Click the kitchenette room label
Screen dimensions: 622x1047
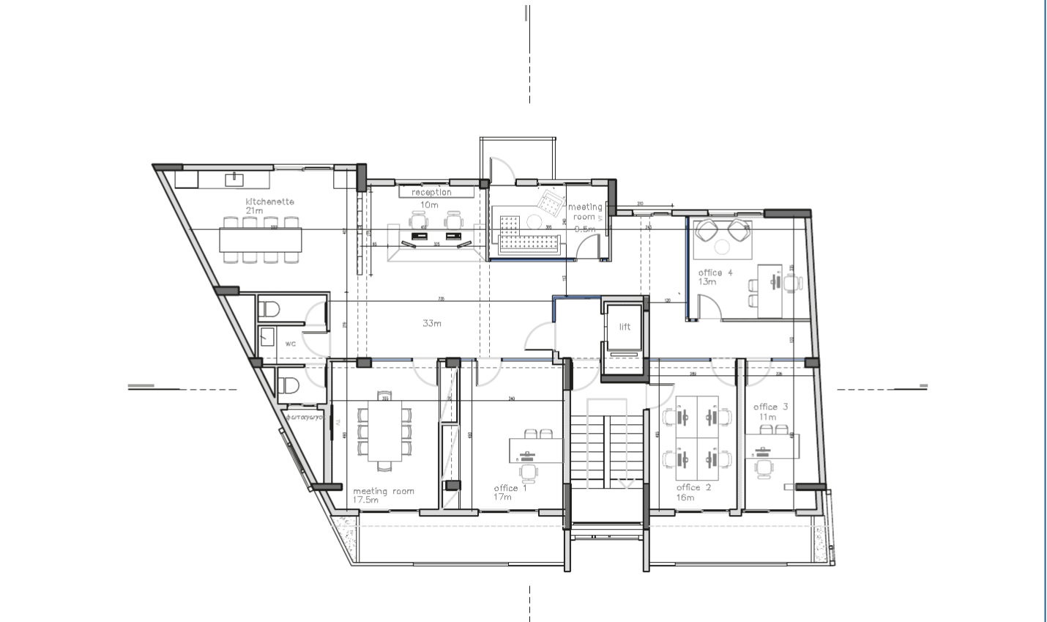click(269, 201)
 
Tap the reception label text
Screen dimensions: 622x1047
click(431, 192)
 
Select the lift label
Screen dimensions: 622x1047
click(625, 327)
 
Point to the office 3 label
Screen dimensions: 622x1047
click(770, 407)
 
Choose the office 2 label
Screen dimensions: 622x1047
click(693, 487)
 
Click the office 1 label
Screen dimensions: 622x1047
click(510, 488)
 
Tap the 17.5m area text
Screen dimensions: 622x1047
click(366, 500)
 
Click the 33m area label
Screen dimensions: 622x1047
click(432, 323)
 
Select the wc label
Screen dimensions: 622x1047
click(291, 343)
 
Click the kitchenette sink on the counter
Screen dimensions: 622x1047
click(234, 178)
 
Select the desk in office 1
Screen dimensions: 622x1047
click(534, 450)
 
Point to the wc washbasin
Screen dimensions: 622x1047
click(267, 337)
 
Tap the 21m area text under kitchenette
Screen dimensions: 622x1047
click(254, 211)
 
